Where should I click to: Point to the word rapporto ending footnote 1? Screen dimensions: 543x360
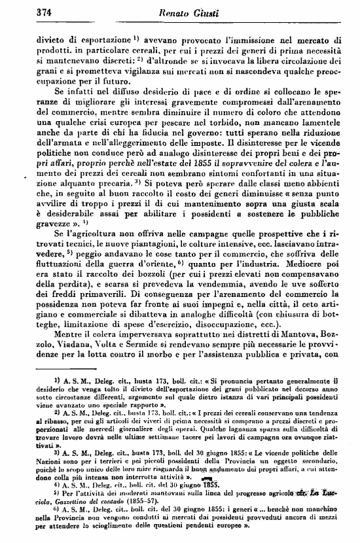pos(125,406)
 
